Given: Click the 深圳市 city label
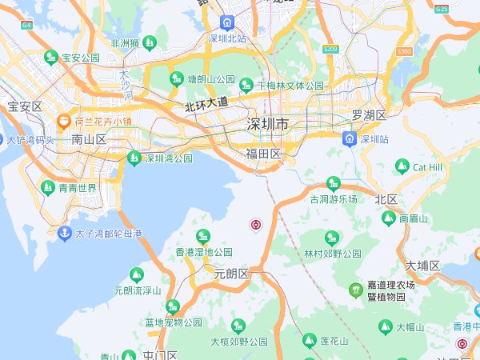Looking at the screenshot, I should tap(268, 125).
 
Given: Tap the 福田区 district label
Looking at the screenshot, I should tap(263, 154).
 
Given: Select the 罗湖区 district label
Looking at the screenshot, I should tap(369, 115).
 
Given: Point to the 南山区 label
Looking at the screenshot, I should tap(89, 139).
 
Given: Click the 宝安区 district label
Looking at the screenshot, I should tap(25, 106).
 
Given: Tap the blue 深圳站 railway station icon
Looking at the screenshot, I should tap(350, 139).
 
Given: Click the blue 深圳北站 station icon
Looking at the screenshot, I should tap(227, 22).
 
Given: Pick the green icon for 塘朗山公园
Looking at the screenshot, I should tap(176, 78).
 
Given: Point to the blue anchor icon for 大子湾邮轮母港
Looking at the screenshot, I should tap(64, 234).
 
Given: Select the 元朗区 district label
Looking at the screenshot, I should tap(232, 273).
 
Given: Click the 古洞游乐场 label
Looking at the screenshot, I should tap(334, 198).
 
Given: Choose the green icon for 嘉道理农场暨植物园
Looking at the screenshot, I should tap(354, 289).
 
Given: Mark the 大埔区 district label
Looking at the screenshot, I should tap(422, 266).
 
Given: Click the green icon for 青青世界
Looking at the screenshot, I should tap(48, 188).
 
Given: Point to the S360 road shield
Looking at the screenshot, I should tap(404, 51).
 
